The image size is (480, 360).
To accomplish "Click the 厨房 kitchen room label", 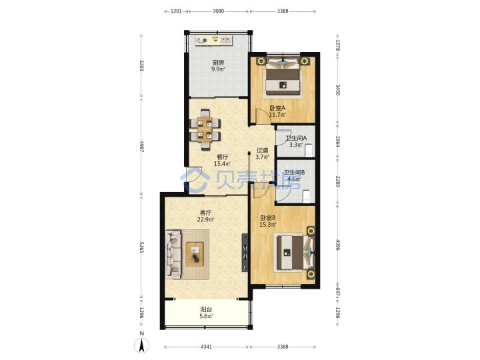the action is click(x=218, y=63).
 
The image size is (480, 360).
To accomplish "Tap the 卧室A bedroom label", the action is click(x=277, y=108).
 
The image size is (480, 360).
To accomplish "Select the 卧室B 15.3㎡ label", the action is click(x=268, y=221).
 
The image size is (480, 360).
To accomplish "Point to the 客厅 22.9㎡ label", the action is click(x=205, y=216).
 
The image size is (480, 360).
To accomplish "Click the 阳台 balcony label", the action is click(x=206, y=309).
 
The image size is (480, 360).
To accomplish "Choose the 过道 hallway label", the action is click(x=262, y=150).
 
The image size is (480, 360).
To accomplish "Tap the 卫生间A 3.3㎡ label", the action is click(x=296, y=141).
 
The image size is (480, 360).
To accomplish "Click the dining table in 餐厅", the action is click(x=205, y=130).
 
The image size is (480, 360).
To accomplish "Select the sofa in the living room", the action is click(x=173, y=255).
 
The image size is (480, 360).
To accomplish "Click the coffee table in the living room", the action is click(x=195, y=254).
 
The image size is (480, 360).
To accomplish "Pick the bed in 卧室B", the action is click(x=295, y=252).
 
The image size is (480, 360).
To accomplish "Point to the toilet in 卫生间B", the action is click(x=307, y=196).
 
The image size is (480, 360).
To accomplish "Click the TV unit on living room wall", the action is click(x=245, y=253).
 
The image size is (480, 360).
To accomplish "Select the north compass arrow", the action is click(x=142, y=345).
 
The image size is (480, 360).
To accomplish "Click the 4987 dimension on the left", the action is click(x=141, y=146).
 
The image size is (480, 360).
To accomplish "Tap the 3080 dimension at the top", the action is click(x=218, y=11).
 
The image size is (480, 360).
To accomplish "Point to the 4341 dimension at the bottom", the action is click(x=206, y=347).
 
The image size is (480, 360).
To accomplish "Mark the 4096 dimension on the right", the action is click(x=337, y=245).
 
